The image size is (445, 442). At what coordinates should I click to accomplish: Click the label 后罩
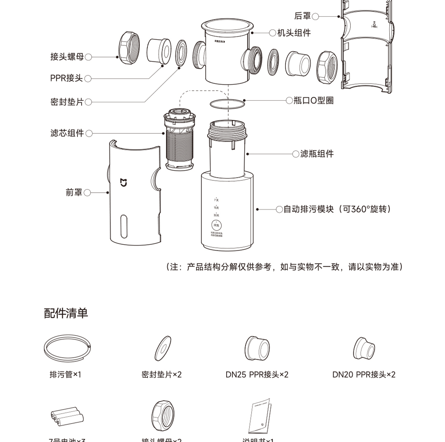coord(302,16)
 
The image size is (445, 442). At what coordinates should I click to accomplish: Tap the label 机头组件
coord(294,33)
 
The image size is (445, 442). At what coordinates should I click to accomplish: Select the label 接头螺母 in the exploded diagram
coord(67,57)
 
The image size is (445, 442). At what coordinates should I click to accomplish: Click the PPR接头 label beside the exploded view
coord(66,78)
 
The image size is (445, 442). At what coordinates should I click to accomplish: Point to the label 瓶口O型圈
coord(313,100)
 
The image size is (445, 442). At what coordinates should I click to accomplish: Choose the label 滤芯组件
coord(67,133)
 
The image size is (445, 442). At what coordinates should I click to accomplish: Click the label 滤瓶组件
coord(317,154)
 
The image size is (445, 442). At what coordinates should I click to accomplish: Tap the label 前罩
coord(74,192)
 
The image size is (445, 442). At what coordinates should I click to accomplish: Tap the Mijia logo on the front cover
coord(124,181)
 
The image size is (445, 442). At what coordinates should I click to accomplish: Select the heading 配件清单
coord(66,313)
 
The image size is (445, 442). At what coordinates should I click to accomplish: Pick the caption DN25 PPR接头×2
coord(257,374)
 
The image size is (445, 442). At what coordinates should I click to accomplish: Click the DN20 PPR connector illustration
coord(364,349)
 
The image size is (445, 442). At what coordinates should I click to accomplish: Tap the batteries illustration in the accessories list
coord(67,417)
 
